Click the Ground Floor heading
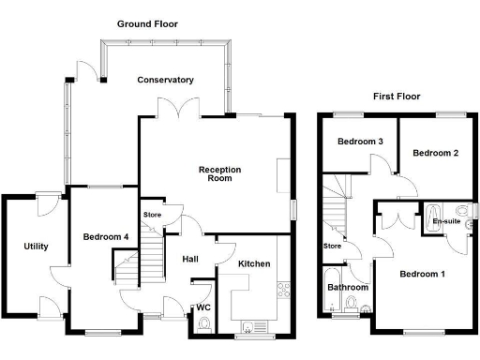[147, 23]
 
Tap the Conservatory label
[165, 80]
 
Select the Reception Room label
[219, 173]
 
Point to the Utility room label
[36, 247]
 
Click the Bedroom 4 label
[105, 236]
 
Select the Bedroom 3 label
[360, 142]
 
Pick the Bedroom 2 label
[434, 152]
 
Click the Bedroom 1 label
[422, 274]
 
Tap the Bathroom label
[347, 287]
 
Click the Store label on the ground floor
[152, 215]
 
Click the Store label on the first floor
[332, 247]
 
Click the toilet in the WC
[203, 325]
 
